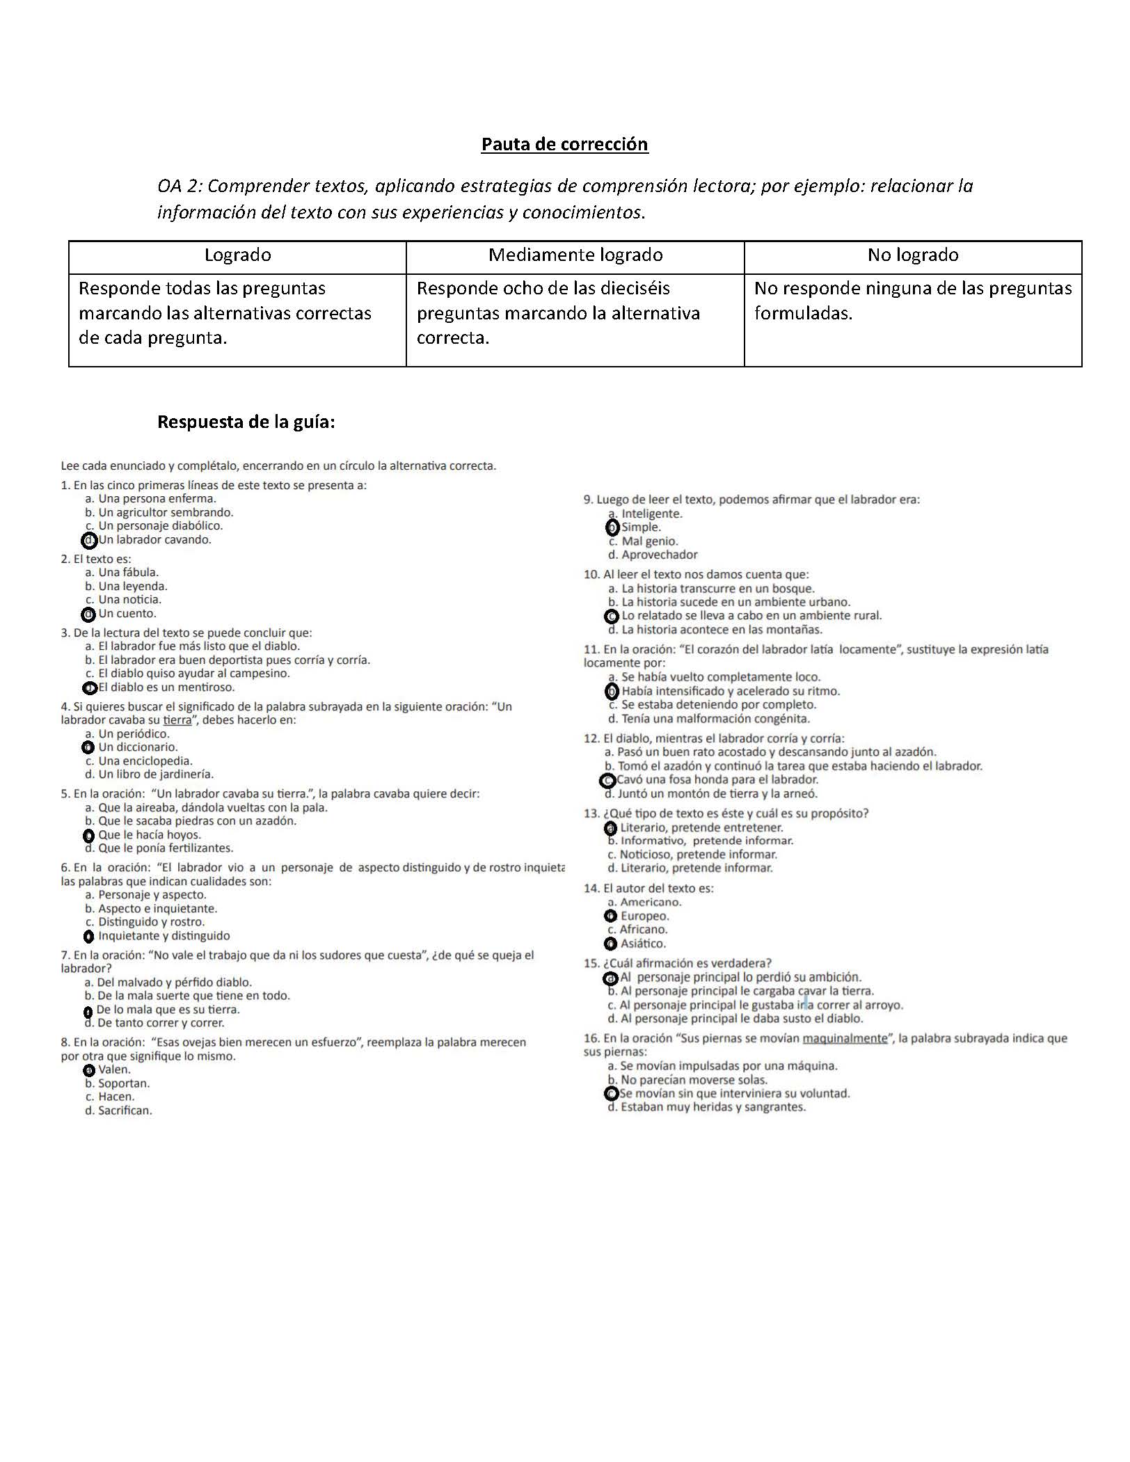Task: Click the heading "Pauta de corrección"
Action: [x=564, y=144]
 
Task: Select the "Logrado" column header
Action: [x=237, y=255]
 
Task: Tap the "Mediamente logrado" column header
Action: [x=575, y=255]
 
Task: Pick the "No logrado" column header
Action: [x=913, y=255]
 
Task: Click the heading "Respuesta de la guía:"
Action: [x=246, y=422]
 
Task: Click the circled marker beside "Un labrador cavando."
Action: [x=89, y=540]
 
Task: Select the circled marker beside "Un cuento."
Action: [x=88, y=614]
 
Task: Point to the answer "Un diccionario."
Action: [x=138, y=747]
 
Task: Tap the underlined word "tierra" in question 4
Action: [x=177, y=720]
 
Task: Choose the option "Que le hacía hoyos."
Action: [x=149, y=835]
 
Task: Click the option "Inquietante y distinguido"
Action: [x=164, y=936]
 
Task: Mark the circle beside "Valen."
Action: [x=89, y=1070]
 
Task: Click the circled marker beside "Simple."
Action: [x=612, y=527]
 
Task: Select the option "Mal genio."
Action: [x=649, y=541]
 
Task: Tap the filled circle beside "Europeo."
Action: [x=611, y=916]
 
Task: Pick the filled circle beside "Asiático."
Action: [x=611, y=944]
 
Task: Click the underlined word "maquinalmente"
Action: [x=845, y=1039]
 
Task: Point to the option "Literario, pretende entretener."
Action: [x=701, y=828]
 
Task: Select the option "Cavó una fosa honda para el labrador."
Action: [x=717, y=780]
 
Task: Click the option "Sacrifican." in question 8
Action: [x=125, y=1111]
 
